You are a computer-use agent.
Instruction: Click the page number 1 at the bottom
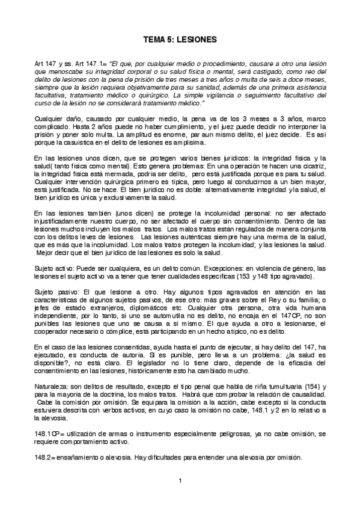[180, 481]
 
